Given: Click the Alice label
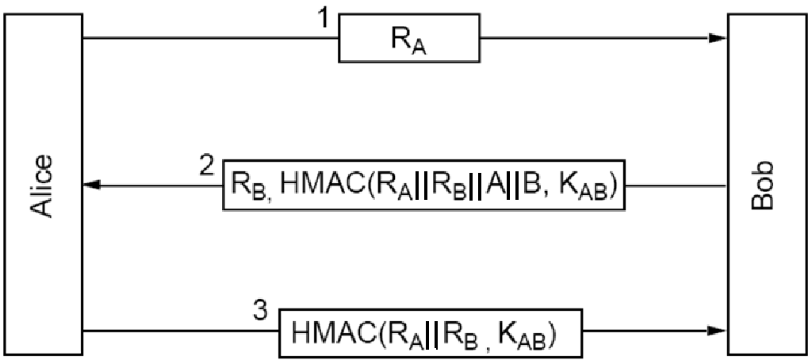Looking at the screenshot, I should (43, 186).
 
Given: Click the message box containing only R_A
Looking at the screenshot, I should (408, 38).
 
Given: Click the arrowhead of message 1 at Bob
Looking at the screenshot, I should (718, 38).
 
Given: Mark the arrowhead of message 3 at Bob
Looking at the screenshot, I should (718, 330).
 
